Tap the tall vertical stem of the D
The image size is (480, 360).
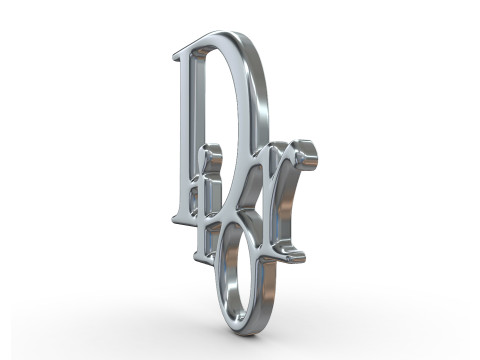[186, 130]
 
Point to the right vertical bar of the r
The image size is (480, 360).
[285, 205]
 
